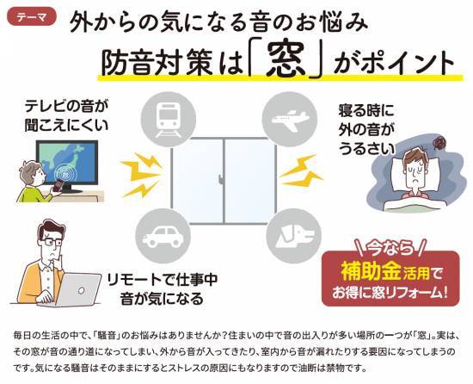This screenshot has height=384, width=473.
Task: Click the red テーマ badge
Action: pos(31,17)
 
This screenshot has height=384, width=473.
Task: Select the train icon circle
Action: pos(169,119)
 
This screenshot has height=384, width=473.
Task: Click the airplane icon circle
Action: pos(289,119)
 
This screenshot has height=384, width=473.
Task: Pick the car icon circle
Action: pos(163,236)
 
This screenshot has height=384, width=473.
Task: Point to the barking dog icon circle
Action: pos(294,236)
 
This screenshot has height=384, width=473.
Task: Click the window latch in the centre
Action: pos(222,179)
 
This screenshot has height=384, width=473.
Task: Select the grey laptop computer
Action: pos(80,290)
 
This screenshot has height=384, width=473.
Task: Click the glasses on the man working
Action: pos(51,243)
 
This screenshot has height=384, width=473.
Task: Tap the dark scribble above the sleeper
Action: pos(439,142)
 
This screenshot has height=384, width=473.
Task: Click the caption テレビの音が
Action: pos(66,107)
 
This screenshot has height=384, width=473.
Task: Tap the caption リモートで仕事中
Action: pos(163,280)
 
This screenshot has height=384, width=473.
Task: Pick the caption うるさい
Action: pos(366,149)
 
